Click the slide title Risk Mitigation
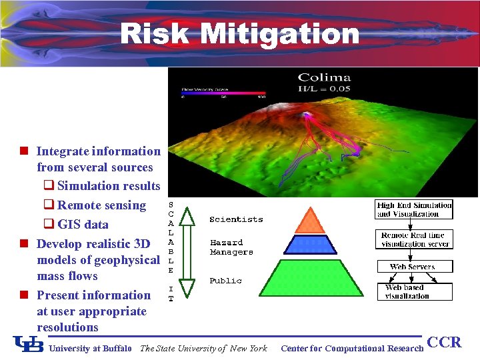pyautogui.click(x=239, y=33)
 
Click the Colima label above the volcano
pyautogui.click(x=324, y=78)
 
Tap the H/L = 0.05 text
pyautogui.click(x=324, y=89)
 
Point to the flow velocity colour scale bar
pyautogui.click(x=223, y=93)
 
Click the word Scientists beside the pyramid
pyautogui.click(x=236, y=219)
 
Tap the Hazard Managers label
pyautogui.click(x=231, y=247)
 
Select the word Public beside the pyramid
pyautogui.click(x=225, y=281)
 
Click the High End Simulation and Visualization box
pyautogui.click(x=414, y=209)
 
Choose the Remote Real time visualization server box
pyautogui.click(x=414, y=239)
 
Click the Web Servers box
pyautogui.click(x=413, y=267)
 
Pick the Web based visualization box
pyautogui.click(x=413, y=291)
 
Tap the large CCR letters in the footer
pyautogui.click(x=444, y=343)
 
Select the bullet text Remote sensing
pyautogui.click(x=101, y=205)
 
